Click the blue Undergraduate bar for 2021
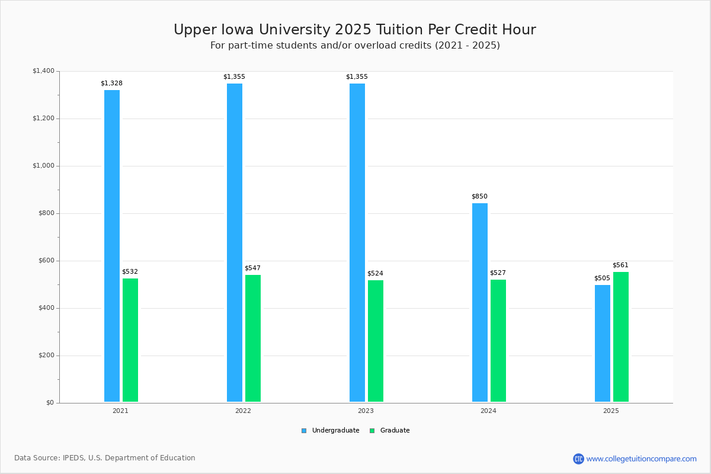coord(112,246)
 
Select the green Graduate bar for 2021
coord(130,340)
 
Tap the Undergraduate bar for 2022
coord(235,242)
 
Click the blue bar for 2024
coord(480,302)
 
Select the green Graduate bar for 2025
coord(621,337)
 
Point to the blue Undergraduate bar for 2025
coord(603,343)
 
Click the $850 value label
coord(479,197)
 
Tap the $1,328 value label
coord(111,84)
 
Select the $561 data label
coord(620,265)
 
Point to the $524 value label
coord(375,274)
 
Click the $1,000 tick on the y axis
coord(43,166)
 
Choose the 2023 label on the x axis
coord(366,411)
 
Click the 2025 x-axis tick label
coord(611,411)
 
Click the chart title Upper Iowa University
coord(354,30)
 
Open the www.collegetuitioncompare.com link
coord(641,459)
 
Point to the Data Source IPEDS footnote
coord(105,458)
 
